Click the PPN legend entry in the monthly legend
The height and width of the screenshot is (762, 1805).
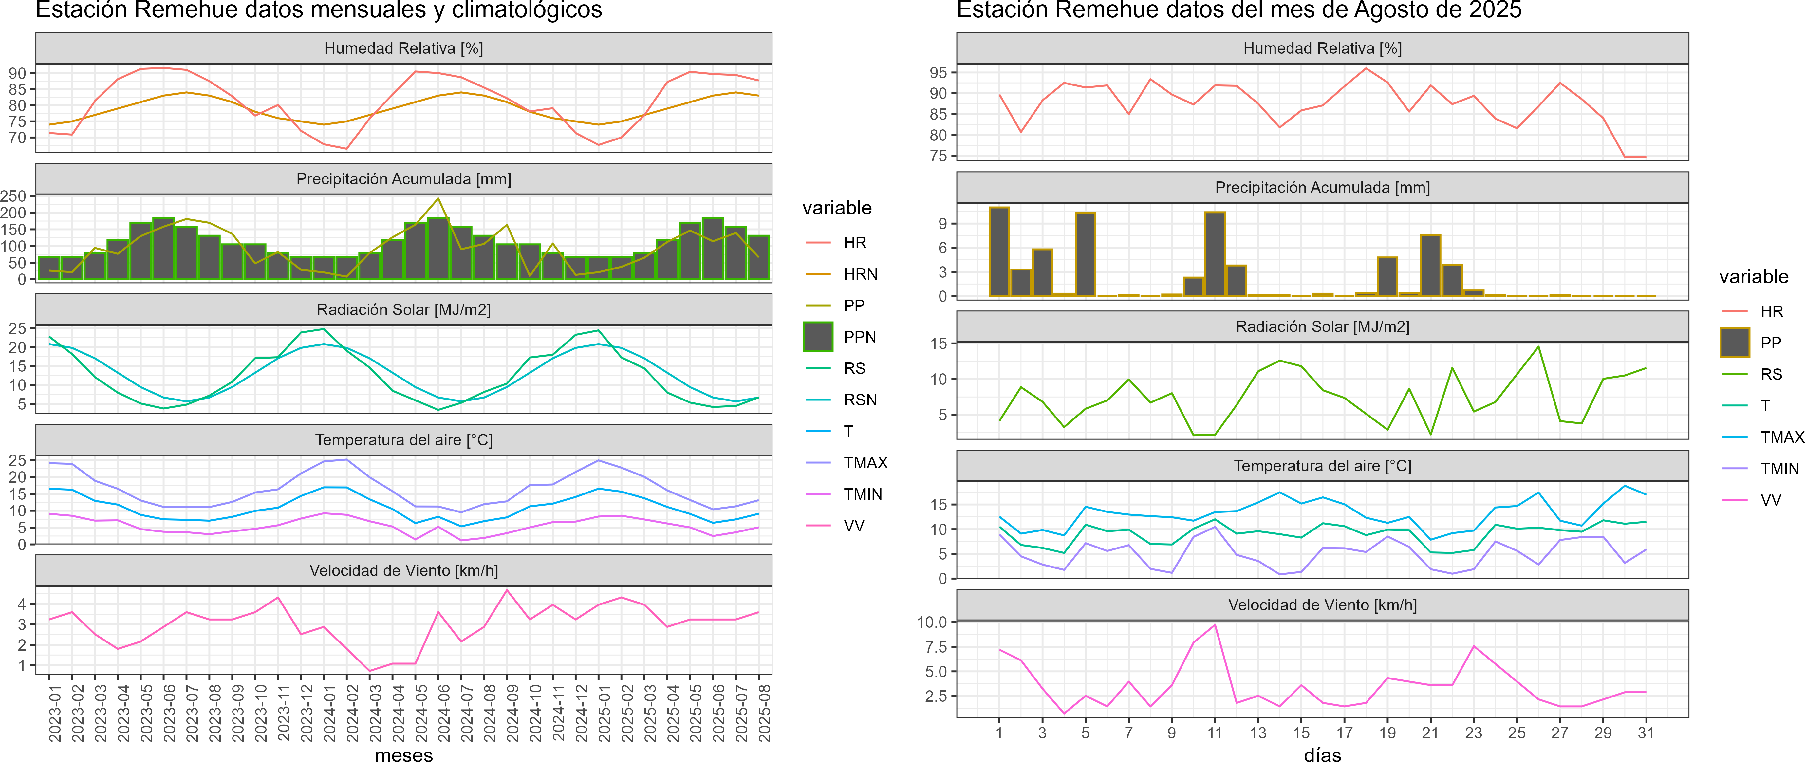(x=859, y=337)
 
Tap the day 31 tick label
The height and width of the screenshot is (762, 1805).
(x=1646, y=733)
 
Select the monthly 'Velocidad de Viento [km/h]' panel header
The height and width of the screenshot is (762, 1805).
(x=403, y=571)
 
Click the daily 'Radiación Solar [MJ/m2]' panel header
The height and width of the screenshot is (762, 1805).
(x=1322, y=326)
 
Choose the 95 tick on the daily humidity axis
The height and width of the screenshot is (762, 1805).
(x=938, y=73)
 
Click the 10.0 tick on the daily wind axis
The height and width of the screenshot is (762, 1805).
(x=932, y=622)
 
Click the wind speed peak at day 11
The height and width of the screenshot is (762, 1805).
(x=1215, y=625)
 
